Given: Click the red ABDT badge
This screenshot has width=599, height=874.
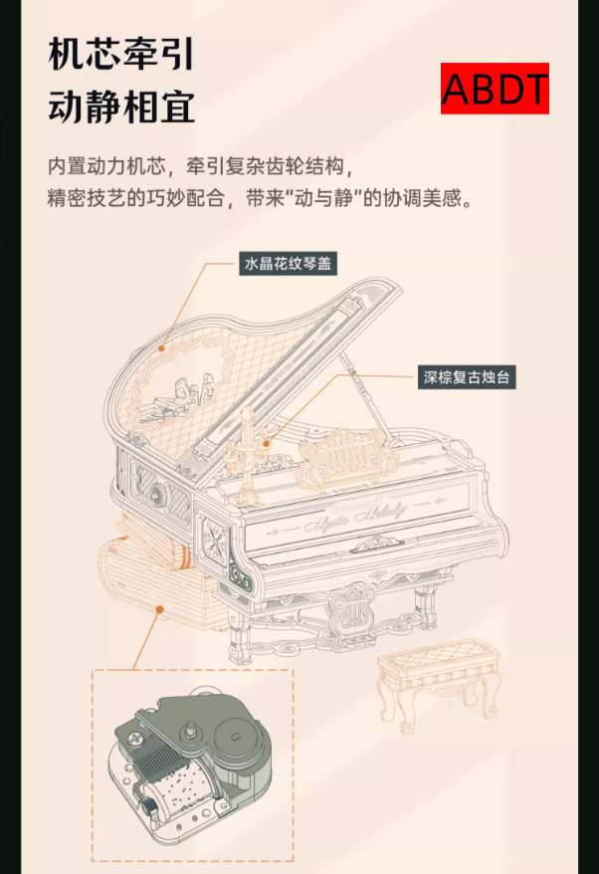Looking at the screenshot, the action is coord(495,89).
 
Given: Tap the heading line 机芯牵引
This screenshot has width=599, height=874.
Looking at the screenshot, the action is coord(121,55).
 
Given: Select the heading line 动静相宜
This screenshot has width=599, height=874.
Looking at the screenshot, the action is coord(121,107).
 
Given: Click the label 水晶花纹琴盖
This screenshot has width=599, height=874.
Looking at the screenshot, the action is coord(289,263).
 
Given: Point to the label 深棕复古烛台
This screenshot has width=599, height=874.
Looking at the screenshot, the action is coord(467,377).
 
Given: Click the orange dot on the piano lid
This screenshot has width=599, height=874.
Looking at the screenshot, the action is coord(161,348).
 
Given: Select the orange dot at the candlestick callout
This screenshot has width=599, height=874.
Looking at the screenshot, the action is coord(267,444).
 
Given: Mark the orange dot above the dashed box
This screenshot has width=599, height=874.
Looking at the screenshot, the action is coord(159,610).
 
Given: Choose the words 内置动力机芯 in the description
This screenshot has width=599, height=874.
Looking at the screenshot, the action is coord(106,166).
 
